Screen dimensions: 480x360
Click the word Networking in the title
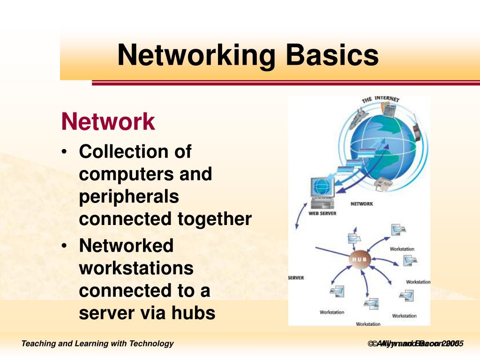pyautogui.click(x=196, y=55)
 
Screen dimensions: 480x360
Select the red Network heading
pyautogui.click(x=108, y=122)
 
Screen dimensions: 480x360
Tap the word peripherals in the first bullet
pyautogui.click(x=129, y=197)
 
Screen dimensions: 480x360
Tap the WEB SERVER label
pyautogui.click(x=322, y=214)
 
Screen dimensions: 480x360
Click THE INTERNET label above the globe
pyautogui.click(x=380, y=99)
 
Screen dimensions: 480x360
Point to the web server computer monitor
pyautogui.click(x=322, y=187)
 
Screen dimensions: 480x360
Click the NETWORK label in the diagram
pyautogui.click(x=361, y=204)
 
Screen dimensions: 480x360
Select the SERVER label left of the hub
pyautogui.click(x=296, y=278)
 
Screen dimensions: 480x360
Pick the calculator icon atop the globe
pyautogui.click(x=388, y=111)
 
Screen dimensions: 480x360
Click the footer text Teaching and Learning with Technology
pyautogui.click(x=97, y=344)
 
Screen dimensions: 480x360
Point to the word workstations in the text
pyautogui.click(x=136, y=269)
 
